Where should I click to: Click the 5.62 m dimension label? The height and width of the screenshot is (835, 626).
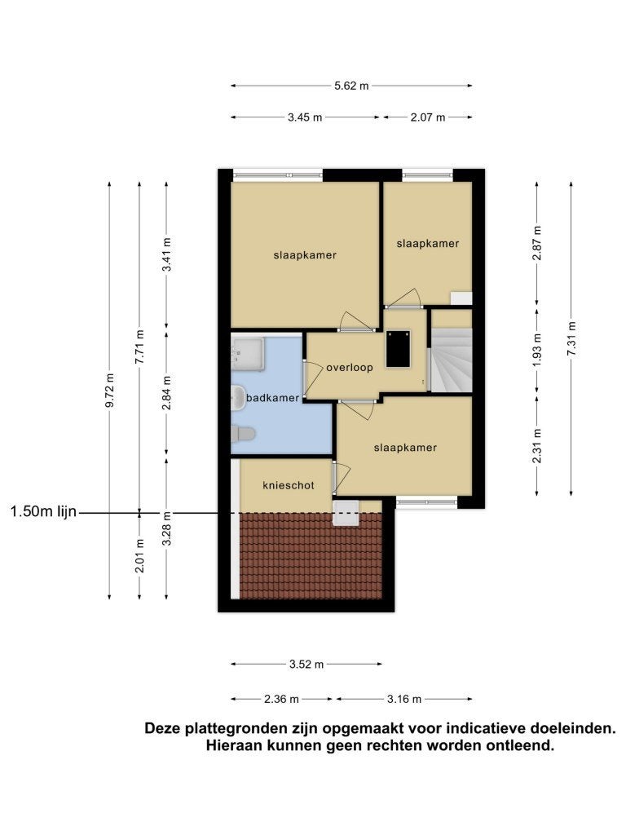[351, 86]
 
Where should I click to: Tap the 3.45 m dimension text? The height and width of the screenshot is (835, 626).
[305, 117]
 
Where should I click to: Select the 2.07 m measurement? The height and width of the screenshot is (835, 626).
[427, 117]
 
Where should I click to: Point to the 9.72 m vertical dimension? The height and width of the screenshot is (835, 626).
[110, 391]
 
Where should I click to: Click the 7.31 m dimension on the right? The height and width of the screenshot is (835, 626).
[571, 338]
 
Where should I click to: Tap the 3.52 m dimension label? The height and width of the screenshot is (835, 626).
[306, 664]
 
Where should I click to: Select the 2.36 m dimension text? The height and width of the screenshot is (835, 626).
[281, 699]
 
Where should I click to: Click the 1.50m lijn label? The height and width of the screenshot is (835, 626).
[44, 512]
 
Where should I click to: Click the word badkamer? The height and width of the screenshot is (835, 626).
[272, 398]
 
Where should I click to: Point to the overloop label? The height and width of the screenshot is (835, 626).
[349, 368]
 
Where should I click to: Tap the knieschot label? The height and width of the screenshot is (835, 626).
[289, 485]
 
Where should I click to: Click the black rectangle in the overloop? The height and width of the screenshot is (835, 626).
[399, 349]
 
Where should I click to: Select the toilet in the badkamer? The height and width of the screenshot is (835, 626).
[243, 434]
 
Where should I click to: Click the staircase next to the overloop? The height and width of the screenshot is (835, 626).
[452, 360]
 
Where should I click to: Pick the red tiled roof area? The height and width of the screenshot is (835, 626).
[311, 556]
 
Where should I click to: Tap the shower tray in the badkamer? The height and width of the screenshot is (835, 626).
[247, 354]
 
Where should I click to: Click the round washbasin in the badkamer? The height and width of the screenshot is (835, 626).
[237, 398]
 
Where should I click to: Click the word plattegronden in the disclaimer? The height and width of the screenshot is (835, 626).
[250, 729]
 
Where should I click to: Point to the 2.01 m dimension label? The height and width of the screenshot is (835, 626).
[139, 555]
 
